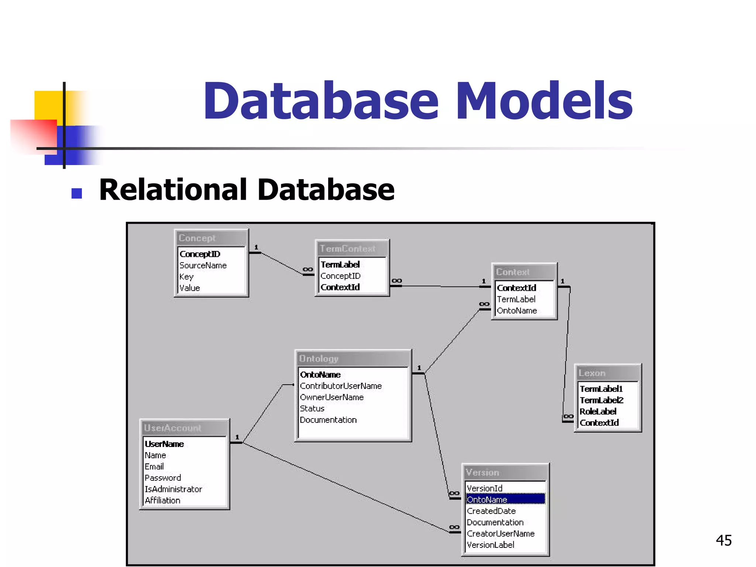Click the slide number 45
point(724,540)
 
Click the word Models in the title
point(545,101)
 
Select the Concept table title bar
point(211,238)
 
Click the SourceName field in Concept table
point(203,265)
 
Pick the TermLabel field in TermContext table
point(340,265)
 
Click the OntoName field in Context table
point(516,311)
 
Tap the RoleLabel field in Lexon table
point(598,412)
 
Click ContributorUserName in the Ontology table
point(340,386)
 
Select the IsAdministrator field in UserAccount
point(173,489)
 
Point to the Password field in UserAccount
point(162,478)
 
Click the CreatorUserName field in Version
point(500,534)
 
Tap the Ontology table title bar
point(353,358)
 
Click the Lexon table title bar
point(608,373)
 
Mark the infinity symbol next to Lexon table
point(568,416)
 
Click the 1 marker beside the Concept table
point(256,247)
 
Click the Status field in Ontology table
point(312,409)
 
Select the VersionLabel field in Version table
point(490,545)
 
